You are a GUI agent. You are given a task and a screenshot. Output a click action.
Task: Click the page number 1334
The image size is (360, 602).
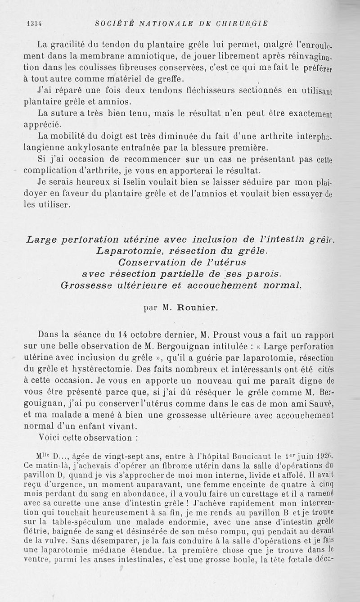pos(34,23)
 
